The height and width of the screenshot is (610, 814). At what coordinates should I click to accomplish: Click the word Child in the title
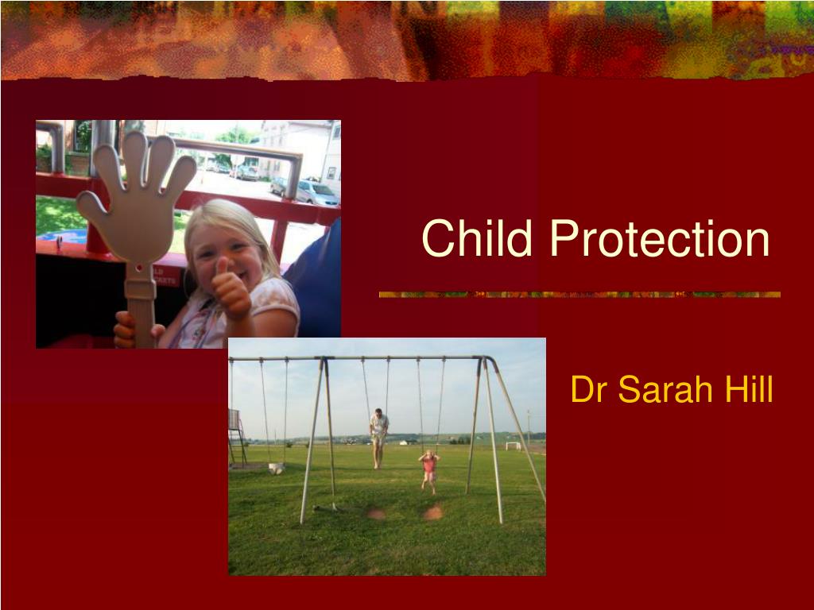click(x=477, y=238)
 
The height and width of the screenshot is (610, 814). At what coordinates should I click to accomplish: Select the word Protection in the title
click(x=659, y=238)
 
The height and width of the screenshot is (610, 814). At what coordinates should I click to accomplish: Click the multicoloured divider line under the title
click(x=579, y=295)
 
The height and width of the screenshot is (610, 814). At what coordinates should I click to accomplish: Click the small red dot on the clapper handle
click(x=139, y=268)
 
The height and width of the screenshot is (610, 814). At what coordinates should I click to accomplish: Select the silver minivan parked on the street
click(x=316, y=193)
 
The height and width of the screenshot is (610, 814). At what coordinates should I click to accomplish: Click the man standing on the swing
click(x=378, y=438)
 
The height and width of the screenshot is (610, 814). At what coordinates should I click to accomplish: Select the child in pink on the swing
click(x=429, y=471)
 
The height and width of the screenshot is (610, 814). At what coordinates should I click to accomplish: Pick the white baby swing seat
click(x=276, y=469)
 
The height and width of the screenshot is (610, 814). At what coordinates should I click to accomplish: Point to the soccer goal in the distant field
click(x=513, y=446)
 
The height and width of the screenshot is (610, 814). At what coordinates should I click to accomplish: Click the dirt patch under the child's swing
click(x=433, y=512)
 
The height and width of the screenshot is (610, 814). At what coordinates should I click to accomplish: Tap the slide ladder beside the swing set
click(x=237, y=438)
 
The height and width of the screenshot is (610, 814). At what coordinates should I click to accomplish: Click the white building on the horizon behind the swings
click(x=403, y=442)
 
